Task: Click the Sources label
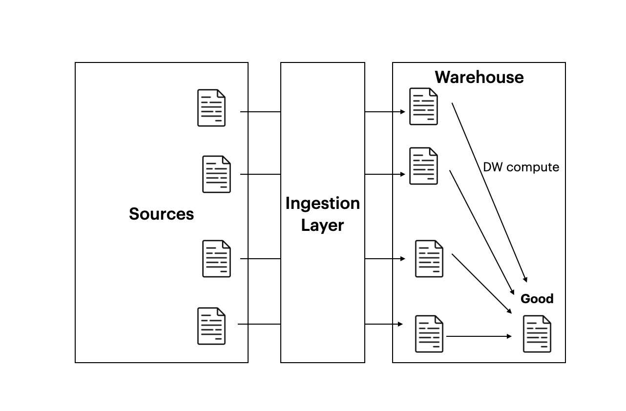pyautogui.click(x=161, y=214)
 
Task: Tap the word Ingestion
pyautogui.click(x=322, y=204)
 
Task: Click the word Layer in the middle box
pyautogui.click(x=322, y=226)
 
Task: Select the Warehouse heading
pyautogui.click(x=479, y=77)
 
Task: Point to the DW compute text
pyautogui.click(x=521, y=167)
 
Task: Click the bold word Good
pyautogui.click(x=537, y=299)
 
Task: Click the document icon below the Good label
pyautogui.click(x=537, y=334)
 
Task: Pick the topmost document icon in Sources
pyautogui.click(x=211, y=108)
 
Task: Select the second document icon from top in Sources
pyautogui.click(x=216, y=174)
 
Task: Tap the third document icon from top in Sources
pyautogui.click(x=216, y=259)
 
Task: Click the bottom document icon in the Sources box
pyautogui.click(x=211, y=326)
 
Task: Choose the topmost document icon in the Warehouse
pyautogui.click(x=423, y=106)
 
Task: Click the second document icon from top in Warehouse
pyautogui.click(x=423, y=166)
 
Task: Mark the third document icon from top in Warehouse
pyautogui.click(x=429, y=259)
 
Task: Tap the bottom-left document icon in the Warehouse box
pyautogui.click(x=429, y=334)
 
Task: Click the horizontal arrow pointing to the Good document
pyautogui.click(x=479, y=336)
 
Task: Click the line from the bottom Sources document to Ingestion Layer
pyautogui.click(x=259, y=324)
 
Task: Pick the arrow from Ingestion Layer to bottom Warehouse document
pyautogui.click(x=384, y=324)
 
